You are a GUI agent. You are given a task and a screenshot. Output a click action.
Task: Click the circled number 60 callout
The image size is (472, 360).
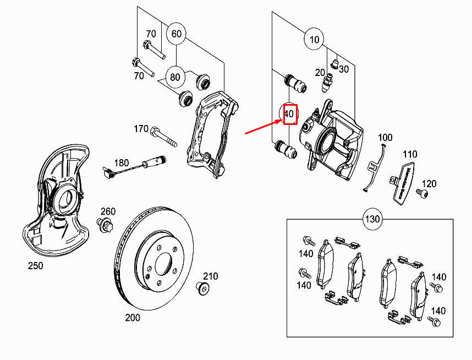click(x=176, y=34)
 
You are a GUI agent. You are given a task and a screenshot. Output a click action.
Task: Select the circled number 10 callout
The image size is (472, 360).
click(x=314, y=40)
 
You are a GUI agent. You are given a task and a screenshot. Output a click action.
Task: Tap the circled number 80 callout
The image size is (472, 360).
click(x=175, y=77)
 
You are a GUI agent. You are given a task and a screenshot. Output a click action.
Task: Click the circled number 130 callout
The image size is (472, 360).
click(x=372, y=220)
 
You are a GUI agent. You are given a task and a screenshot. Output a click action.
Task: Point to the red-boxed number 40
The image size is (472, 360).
click(x=289, y=114)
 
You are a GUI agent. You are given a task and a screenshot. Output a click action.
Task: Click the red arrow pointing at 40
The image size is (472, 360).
click(x=262, y=127)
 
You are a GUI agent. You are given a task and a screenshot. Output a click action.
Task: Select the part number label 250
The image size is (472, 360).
click(x=36, y=266)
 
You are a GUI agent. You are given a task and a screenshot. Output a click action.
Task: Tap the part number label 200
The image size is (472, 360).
click(x=133, y=318)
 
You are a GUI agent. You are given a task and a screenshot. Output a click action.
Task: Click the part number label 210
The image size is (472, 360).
click(x=211, y=276)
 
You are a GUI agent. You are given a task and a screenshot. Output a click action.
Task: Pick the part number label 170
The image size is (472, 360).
click(x=141, y=129)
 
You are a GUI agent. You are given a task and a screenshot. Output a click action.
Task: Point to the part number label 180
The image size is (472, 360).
click(x=121, y=162)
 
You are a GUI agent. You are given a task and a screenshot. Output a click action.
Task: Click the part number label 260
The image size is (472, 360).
click(x=108, y=211)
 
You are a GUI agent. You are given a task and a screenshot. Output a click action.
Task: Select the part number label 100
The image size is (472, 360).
click(x=385, y=137)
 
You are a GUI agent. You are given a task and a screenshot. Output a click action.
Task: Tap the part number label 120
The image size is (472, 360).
click(x=429, y=184)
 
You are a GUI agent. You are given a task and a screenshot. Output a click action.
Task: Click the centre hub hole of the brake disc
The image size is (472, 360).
click(x=164, y=263)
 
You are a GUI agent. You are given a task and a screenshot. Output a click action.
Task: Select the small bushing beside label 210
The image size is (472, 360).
click(x=202, y=287)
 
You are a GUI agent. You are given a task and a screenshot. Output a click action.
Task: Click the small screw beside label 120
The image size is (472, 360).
click(x=421, y=193)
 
